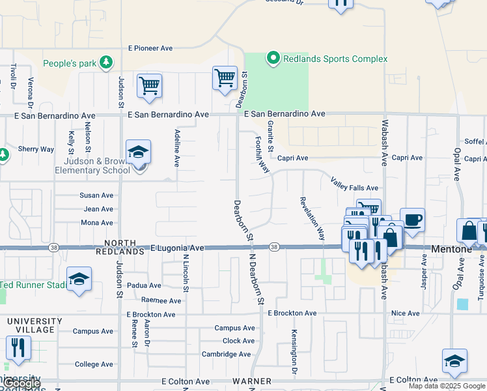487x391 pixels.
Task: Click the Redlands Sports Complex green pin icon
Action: coord(273,59)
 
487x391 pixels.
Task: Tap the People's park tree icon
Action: coord(105,63)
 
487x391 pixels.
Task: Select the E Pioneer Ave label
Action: coord(150,48)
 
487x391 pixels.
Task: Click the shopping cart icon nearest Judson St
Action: coord(149,85)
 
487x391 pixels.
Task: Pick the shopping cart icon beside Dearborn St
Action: coord(225,78)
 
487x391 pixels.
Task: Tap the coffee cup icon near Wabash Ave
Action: coord(412,219)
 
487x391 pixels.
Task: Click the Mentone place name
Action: coord(450,249)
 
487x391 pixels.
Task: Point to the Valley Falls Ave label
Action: coord(354,184)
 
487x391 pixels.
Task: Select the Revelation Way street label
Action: coord(312,219)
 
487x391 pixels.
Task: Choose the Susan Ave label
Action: coord(96,195)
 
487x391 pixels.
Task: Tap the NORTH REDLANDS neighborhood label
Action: coord(119,246)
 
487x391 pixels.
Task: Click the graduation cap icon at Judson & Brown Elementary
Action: coord(139,152)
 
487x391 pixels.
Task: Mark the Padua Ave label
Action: coord(144,285)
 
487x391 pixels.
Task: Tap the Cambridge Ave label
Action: coord(226,355)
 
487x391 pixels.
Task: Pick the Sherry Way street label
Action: coord(36,149)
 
